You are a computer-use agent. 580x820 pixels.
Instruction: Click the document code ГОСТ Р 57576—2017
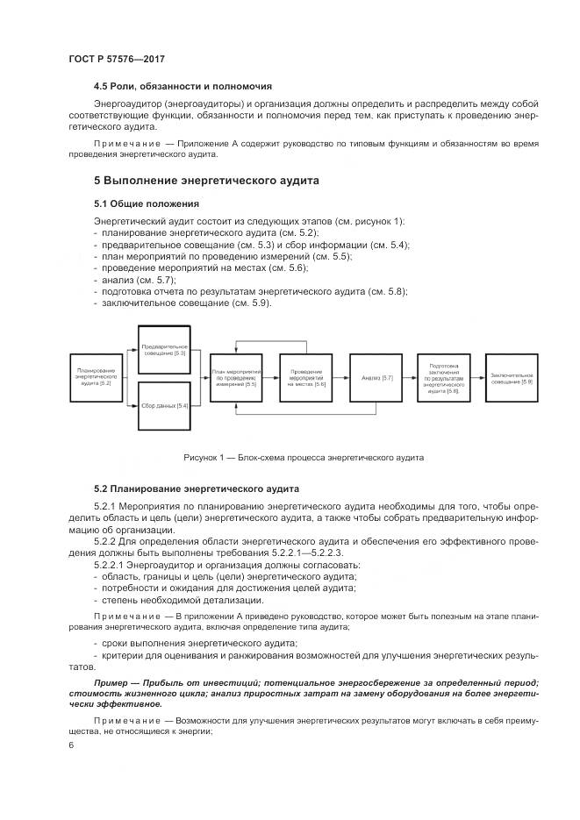(116, 58)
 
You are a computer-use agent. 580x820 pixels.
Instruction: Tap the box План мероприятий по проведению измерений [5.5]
(235, 378)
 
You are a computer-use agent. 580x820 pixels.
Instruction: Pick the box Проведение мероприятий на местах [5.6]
(306, 378)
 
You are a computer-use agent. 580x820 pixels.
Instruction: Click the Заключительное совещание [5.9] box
(512, 378)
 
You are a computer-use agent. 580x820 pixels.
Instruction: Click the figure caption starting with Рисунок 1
(303, 457)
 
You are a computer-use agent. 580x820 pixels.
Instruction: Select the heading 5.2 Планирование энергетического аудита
(196, 488)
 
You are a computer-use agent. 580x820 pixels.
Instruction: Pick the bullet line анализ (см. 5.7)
(126, 280)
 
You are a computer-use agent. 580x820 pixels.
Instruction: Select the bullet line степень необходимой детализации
(182, 600)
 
